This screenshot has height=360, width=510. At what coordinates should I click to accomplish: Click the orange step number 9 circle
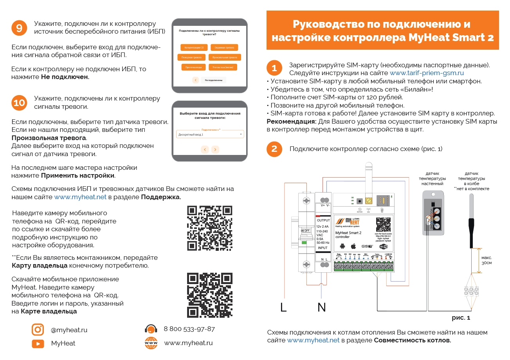coord(19,28)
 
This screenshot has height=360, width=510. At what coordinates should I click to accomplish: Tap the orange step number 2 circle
coord(274,149)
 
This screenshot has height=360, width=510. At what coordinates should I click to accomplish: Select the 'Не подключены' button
coord(213,80)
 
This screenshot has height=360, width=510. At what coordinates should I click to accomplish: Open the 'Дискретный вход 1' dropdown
coord(210,134)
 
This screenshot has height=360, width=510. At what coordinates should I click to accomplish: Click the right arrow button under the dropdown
coord(215,149)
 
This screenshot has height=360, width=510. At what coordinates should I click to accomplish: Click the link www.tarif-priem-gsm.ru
coord(427,73)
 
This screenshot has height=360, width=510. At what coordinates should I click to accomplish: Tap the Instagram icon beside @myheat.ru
coord(38,329)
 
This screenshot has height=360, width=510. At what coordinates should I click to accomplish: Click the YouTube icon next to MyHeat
coord(38,344)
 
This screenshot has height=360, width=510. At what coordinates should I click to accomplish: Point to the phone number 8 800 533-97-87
coord(189,329)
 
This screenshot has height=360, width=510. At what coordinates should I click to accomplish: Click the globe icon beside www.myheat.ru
coord(151,343)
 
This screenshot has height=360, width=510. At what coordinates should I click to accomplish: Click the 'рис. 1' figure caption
coord(461,318)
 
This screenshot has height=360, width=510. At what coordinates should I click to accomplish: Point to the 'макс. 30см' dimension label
coord(487,260)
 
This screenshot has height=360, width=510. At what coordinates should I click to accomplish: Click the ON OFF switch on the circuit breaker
coord(305,231)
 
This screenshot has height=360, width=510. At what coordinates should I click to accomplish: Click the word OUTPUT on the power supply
coord(323,220)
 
